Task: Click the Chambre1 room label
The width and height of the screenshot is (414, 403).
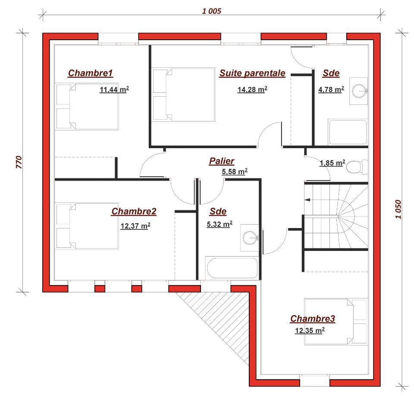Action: click(x=91, y=73)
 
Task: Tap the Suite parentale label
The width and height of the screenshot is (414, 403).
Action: click(x=252, y=73)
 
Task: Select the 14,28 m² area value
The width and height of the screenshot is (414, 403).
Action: click(x=252, y=90)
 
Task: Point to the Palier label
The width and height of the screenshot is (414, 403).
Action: click(x=222, y=161)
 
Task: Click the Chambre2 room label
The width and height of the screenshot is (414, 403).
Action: click(x=134, y=211)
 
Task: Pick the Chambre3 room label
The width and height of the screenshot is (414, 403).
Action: click(x=313, y=319)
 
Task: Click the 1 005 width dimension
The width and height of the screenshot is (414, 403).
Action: click(x=211, y=11)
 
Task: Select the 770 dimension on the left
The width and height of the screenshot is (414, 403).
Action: click(x=19, y=162)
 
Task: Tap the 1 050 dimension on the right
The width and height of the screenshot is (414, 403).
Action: click(x=398, y=209)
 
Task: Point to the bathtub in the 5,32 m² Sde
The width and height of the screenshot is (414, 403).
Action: click(x=232, y=268)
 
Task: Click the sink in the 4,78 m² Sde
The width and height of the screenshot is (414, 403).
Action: click(x=360, y=91)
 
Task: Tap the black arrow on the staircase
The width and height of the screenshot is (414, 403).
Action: click(x=307, y=200)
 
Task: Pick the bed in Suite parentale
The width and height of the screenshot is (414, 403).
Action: click(x=184, y=95)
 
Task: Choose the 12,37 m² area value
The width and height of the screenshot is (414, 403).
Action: click(x=135, y=226)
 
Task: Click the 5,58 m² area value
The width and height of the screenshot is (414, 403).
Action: click(x=235, y=171)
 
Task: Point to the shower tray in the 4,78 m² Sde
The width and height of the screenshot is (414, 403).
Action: click(x=348, y=132)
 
